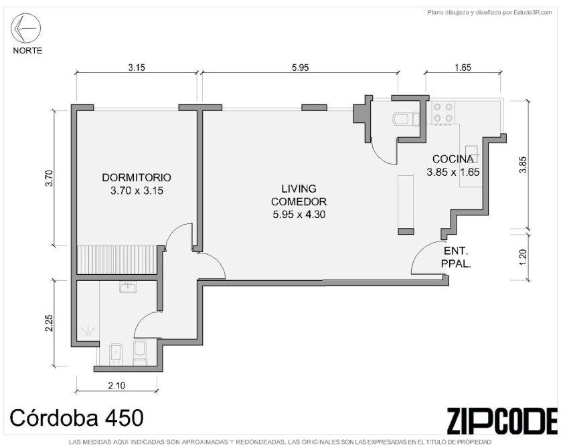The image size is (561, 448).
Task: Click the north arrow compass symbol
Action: coord(25,28)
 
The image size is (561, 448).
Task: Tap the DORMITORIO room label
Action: coord(137,178)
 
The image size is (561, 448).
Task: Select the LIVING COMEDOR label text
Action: coord(299,195)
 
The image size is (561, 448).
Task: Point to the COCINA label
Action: coord(453,159)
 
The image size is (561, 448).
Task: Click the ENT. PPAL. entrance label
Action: coord(456,257)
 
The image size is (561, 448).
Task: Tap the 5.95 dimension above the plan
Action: coord(300,68)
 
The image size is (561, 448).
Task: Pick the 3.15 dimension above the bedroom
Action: coord(137,68)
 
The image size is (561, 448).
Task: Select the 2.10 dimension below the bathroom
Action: coord(116,386)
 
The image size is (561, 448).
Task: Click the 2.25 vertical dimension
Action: coord(49,323)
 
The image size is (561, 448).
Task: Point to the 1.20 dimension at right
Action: coord(523,257)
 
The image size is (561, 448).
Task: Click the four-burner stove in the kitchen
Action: coord(443,112)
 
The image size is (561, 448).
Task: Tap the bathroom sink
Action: coord(128,287)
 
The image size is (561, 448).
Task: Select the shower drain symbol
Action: coord(88,331)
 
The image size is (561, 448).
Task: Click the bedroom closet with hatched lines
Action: coord(116,259)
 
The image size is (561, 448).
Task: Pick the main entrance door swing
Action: coord(426,258)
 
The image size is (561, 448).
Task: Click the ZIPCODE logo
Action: coord(502,421)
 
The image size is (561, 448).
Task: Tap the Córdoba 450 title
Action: coord(76,418)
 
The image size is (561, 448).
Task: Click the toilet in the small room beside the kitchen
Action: coord(406,119)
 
